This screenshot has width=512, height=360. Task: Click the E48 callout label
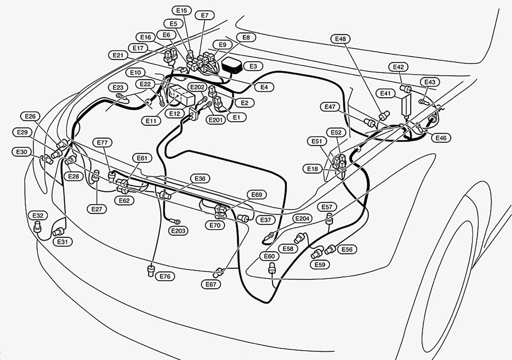pos(340,39)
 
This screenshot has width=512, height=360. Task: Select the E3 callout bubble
pos(253,66)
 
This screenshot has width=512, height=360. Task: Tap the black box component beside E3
pos(232,65)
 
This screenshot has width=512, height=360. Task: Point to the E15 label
pos(182,10)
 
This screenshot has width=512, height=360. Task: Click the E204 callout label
pos(302,218)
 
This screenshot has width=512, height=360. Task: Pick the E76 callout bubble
pos(165,276)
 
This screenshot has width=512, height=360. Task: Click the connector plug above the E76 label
pos(151,270)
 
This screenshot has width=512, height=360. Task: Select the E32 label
pos(38,215)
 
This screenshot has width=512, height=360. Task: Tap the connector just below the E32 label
pos(37,226)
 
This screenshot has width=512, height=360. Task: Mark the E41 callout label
pos(386,93)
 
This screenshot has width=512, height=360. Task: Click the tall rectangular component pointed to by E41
pos(406,106)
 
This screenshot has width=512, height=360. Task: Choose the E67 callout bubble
pos(211,285)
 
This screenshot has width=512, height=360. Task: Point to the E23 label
pos(118,87)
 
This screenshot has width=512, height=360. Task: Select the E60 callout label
pos(269,256)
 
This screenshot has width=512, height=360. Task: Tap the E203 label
pos(178,231)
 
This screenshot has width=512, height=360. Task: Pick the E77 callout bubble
pos(102,142)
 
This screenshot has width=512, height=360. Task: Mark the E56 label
pos(347,250)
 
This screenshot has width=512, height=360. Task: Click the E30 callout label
pos(21,152)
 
